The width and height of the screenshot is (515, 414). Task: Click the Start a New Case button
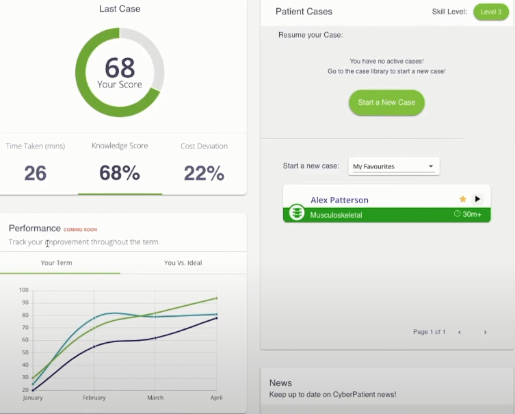(386, 103)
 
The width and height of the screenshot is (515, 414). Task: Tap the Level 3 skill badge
(491, 12)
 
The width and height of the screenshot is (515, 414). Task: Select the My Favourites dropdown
(394, 166)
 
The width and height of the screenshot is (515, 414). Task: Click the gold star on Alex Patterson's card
(463, 198)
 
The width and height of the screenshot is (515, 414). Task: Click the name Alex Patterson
(340, 200)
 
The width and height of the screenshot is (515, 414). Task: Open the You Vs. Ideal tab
(183, 263)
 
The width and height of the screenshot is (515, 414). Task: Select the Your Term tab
(57, 263)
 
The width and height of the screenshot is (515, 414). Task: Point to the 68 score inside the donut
(120, 67)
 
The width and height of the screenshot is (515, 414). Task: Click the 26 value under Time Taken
(36, 173)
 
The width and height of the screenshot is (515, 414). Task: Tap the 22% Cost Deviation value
(204, 173)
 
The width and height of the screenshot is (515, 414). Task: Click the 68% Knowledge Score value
(120, 173)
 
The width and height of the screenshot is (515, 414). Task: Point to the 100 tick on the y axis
(24, 290)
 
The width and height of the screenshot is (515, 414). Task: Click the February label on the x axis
(94, 398)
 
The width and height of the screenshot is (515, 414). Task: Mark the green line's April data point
(216, 298)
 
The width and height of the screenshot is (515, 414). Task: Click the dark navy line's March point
(155, 338)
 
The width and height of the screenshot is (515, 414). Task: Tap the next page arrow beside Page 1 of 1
(485, 332)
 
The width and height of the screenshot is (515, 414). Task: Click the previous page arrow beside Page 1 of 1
(460, 332)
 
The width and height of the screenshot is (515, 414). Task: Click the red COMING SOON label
(80, 230)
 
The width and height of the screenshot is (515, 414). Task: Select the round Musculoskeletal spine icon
(297, 212)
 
